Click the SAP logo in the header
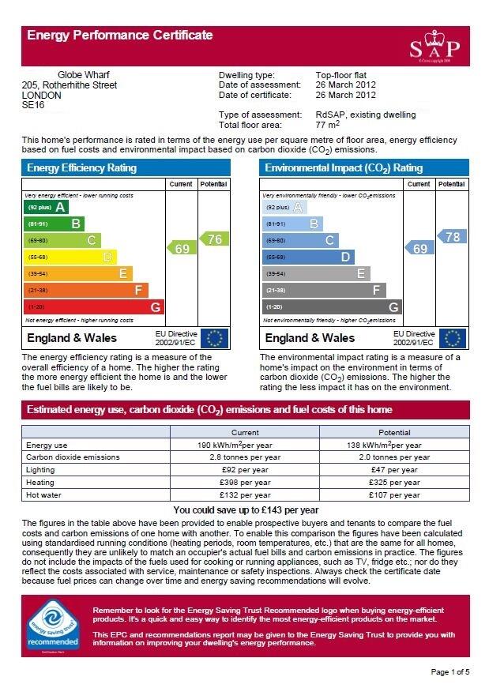(x=434, y=47)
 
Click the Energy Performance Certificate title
(x=120, y=35)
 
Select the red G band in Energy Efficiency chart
(x=94, y=306)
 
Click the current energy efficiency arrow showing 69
(x=181, y=248)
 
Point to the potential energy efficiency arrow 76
(x=213, y=239)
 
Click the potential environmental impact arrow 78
(x=451, y=237)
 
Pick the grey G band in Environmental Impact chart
(x=332, y=306)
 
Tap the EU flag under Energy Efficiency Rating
(x=214, y=338)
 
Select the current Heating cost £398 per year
(x=244, y=483)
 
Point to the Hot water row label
(x=44, y=495)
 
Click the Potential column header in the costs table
(x=394, y=433)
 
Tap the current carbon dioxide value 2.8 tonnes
(x=244, y=457)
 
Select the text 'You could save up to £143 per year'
(x=246, y=510)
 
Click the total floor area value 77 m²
(x=328, y=125)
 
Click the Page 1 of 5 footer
(x=450, y=672)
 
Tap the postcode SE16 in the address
(x=34, y=104)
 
